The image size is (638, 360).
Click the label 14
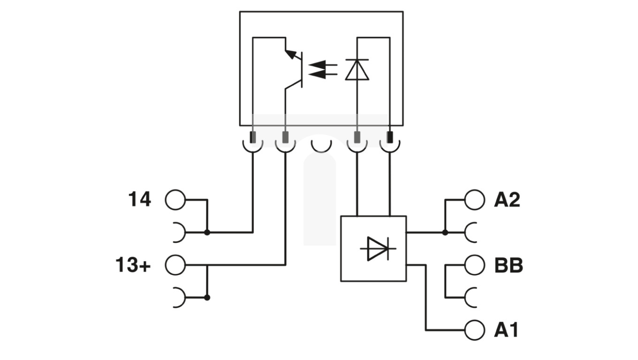(x=140, y=200)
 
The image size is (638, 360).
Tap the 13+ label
(x=133, y=265)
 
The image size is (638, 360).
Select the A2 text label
(x=507, y=200)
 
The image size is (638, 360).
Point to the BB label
(x=508, y=266)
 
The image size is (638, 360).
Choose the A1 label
(x=506, y=330)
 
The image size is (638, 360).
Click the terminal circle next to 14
(x=175, y=200)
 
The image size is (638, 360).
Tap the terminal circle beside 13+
(x=175, y=265)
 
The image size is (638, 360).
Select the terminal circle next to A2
(x=474, y=200)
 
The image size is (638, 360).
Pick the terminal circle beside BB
(x=474, y=265)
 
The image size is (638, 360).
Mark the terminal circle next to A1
(x=474, y=330)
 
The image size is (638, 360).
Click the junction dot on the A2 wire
(x=445, y=232)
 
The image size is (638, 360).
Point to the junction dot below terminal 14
(x=207, y=232)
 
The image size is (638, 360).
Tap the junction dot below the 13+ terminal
(x=207, y=297)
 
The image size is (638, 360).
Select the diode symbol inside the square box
(x=378, y=248)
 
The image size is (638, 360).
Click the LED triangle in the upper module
(x=357, y=70)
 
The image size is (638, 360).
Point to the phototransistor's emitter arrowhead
(x=291, y=54)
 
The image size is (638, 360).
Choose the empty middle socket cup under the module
(x=321, y=145)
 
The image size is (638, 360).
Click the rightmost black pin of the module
(x=390, y=137)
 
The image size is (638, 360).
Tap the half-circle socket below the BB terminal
(x=471, y=297)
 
